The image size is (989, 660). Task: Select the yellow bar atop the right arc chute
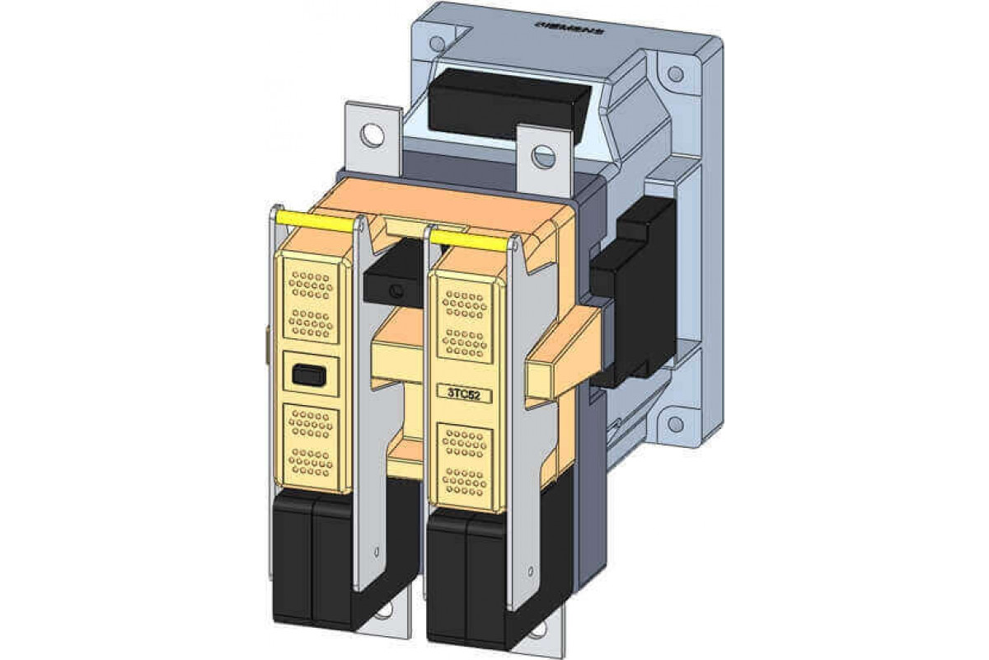(x=467, y=240)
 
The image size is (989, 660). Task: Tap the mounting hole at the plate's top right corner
(x=675, y=74)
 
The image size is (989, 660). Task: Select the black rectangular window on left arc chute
(x=309, y=376)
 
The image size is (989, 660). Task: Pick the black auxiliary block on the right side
(x=639, y=297)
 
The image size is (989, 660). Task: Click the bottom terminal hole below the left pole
(x=383, y=615)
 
